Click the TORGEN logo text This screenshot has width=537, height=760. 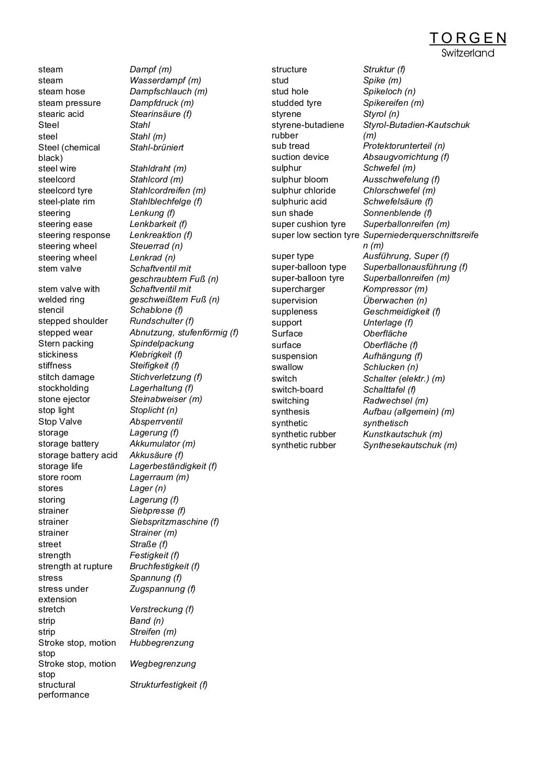(x=468, y=38)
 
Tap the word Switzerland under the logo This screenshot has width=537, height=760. (x=468, y=53)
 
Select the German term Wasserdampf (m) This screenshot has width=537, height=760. (x=165, y=80)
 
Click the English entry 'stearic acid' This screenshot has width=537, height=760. (x=61, y=114)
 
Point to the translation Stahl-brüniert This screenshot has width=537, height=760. (x=156, y=147)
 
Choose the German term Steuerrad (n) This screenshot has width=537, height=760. (x=156, y=246)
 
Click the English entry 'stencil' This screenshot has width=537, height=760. (x=51, y=310)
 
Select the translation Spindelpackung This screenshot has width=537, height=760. (x=162, y=343)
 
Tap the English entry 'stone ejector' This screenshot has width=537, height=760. (x=64, y=399)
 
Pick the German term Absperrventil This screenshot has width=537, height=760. (x=156, y=421)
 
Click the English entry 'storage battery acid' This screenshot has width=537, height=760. (x=78, y=455)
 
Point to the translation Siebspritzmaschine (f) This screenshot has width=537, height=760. (x=174, y=522)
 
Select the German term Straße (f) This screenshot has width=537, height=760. (x=148, y=544)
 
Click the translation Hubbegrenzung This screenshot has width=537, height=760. (x=162, y=643)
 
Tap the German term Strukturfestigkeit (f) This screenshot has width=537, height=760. (x=168, y=685)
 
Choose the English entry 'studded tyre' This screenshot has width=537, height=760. (x=296, y=103)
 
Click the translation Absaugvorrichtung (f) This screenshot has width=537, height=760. (x=406, y=157)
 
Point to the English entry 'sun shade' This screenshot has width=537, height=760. (x=292, y=213)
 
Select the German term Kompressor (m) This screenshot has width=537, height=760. (x=395, y=289)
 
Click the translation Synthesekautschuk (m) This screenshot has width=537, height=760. (x=410, y=445)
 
